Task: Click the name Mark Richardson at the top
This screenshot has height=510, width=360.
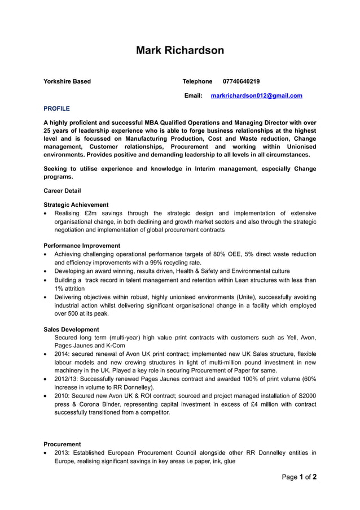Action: tap(179, 50)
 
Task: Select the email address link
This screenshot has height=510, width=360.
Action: tap(256, 95)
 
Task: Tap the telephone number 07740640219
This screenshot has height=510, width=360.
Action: tap(241, 81)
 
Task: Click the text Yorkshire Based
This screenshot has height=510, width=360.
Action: tap(67, 81)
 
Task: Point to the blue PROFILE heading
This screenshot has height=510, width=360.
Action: tap(56, 108)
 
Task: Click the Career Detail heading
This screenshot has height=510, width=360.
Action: tap(62, 191)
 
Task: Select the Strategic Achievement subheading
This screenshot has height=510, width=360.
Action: tap(76, 204)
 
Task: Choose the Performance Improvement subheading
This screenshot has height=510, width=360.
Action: tap(82, 246)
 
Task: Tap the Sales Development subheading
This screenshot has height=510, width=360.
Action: tap(71, 329)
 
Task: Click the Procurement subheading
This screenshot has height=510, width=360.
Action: tap(62, 444)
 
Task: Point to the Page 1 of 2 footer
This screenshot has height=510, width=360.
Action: tap(299, 477)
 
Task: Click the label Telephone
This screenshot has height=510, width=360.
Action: tap(197, 81)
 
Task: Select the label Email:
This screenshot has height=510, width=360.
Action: tap(193, 95)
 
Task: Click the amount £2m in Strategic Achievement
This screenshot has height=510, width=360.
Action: tap(91, 213)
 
